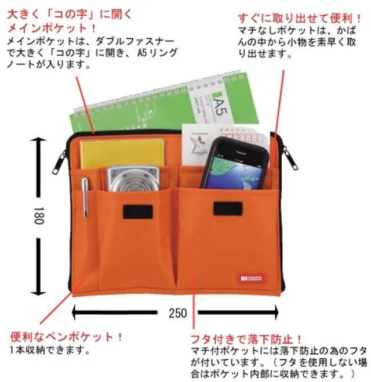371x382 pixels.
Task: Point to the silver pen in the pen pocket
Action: coord(85,198)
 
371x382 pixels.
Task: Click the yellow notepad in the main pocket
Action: coord(119,152)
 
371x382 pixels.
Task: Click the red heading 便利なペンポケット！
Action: coord(66,337)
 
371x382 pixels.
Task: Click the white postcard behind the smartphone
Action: coord(200,142)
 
